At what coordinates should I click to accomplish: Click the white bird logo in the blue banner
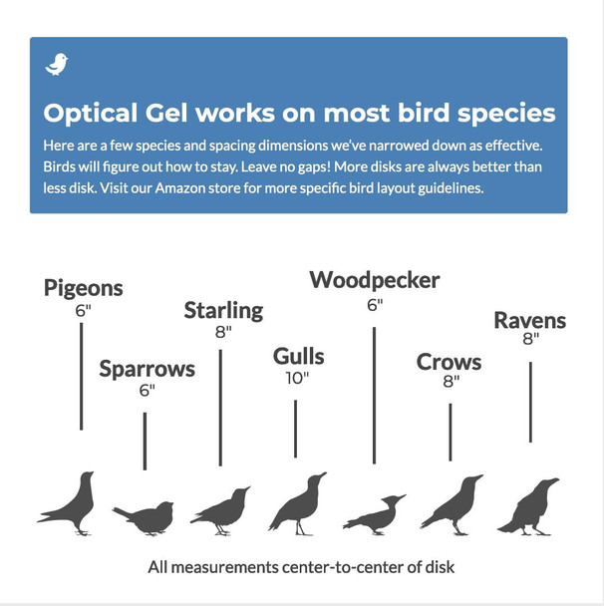click(x=57, y=65)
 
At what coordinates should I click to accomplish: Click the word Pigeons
click(x=84, y=288)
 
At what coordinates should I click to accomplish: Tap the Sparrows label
click(x=147, y=370)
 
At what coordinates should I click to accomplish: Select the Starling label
click(x=223, y=310)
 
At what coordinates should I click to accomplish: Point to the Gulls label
click(x=298, y=356)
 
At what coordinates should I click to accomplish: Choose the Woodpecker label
click(x=374, y=280)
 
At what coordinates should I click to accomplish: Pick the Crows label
click(x=449, y=362)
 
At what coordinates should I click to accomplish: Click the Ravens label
click(x=529, y=320)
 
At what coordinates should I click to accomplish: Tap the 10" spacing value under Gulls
click(x=296, y=378)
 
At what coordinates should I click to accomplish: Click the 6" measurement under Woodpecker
click(x=374, y=304)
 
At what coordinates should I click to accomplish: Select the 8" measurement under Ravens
click(x=530, y=339)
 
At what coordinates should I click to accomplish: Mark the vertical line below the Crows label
click(x=450, y=432)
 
